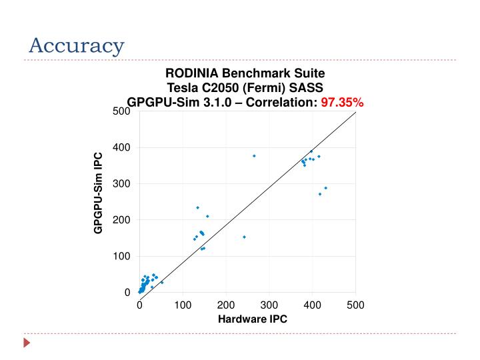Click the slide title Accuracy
pyautogui.click(x=77, y=46)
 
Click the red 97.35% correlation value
pyautogui.click(x=343, y=102)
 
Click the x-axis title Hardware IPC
pyautogui.click(x=253, y=319)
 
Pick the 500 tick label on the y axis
pyautogui.click(x=121, y=111)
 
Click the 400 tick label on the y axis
pyautogui.click(x=121, y=147)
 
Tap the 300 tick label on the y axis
pyautogui.click(x=121, y=183)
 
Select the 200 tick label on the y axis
pyautogui.click(x=121, y=220)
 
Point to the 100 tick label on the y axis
pyautogui.click(x=121, y=256)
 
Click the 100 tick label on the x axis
pyautogui.click(x=183, y=305)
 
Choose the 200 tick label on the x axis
pyautogui.click(x=226, y=305)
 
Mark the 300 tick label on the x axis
pyautogui.click(x=269, y=305)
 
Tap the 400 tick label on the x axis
pyautogui.click(x=312, y=305)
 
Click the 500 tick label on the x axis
pyautogui.click(x=355, y=305)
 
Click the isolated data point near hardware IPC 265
pyautogui.click(x=254, y=155)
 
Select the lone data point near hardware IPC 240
pyautogui.click(x=244, y=237)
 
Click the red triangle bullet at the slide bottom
pyautogui.click(x=27, y=344)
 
